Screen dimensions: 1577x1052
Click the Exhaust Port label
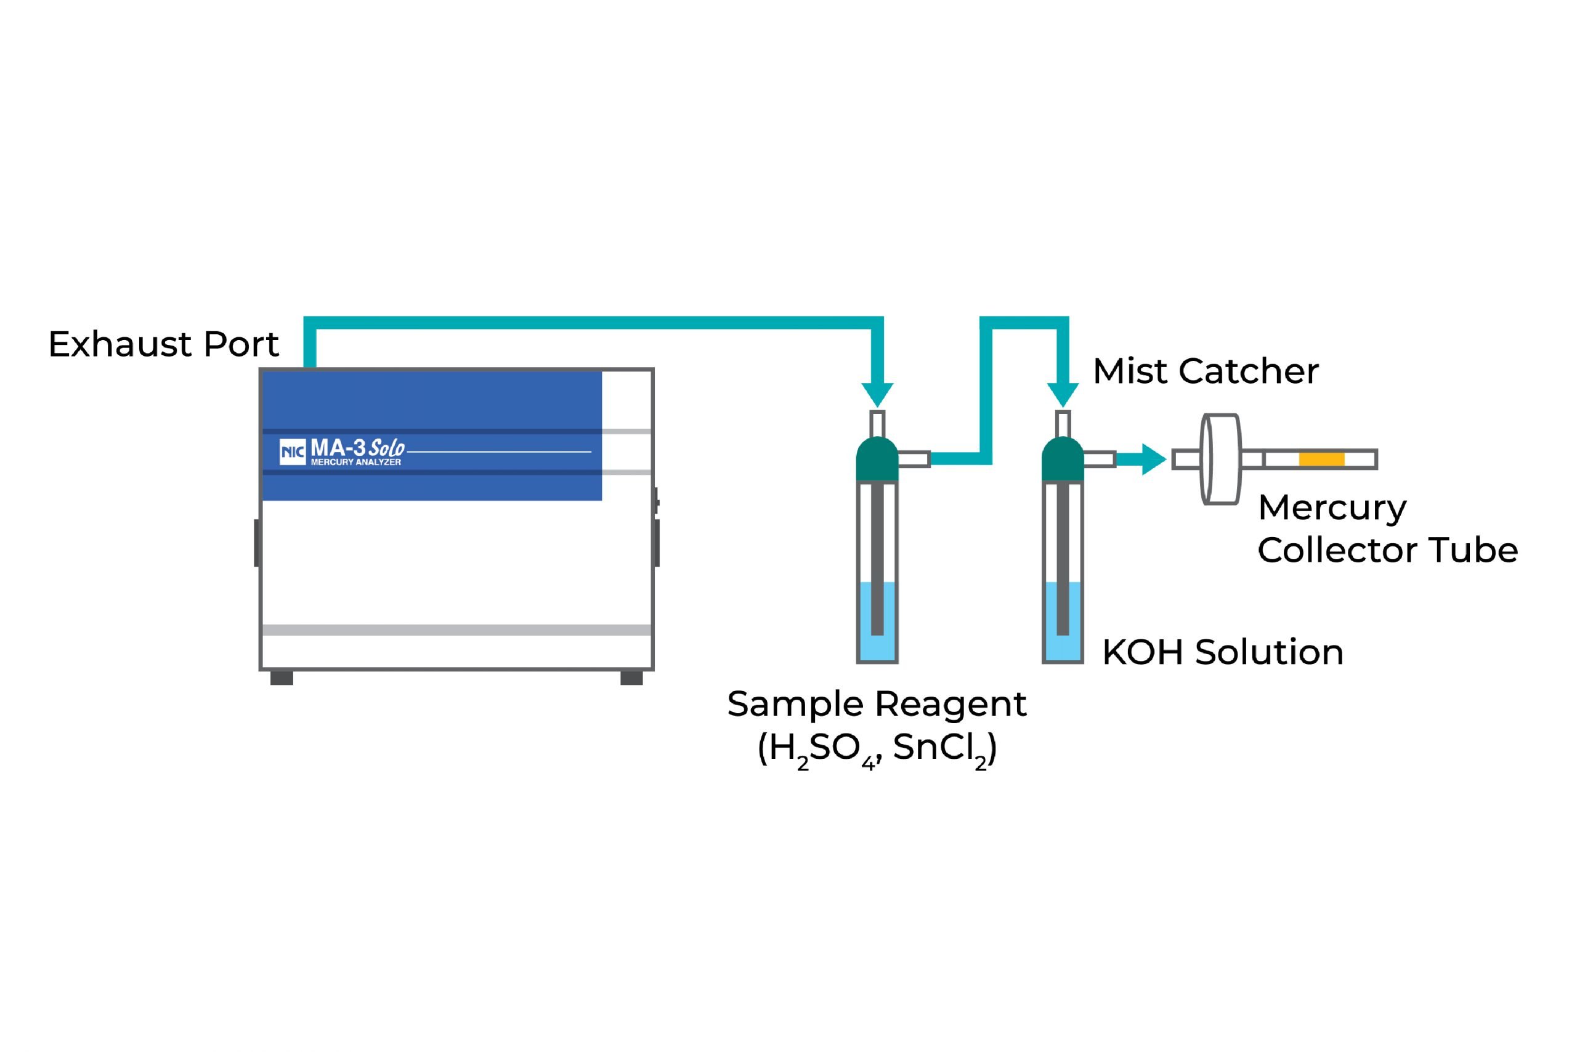pyautogui.click(x=163, y=344)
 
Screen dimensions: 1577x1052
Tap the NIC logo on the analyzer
pyautogui.click(x=293, y=451)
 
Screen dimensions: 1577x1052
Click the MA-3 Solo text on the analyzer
pyautogui.click(x=358, y=448)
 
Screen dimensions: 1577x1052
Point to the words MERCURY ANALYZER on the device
pyautogui.click(x=355, y=463)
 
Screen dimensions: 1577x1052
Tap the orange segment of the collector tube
pyautogui.click(x=1321, y=459)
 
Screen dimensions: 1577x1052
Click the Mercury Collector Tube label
pyautogui.click(x=1388, y=528)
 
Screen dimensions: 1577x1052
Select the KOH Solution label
pyautogui.click(x=1223, y=652)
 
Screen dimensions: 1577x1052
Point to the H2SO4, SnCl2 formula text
pyautogui.click(x=877, y=750)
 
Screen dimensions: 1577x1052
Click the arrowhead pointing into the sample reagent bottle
pyautogui.click(x=877, y=394)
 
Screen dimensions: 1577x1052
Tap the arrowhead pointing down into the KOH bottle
pyautogui.click(x=1063, y=394)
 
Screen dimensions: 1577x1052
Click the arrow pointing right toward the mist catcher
pyautogui.click(x=1141, y=459)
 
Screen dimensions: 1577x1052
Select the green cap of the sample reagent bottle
pyautogui.click(x=877, y=459)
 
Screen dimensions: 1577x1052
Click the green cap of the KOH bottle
pyautogui.click(x=1063, y=459)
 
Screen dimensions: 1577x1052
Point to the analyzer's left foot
pyautogui.click(x=282, y=678)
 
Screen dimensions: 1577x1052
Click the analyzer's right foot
pyautogui.click(x=631, y=678)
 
